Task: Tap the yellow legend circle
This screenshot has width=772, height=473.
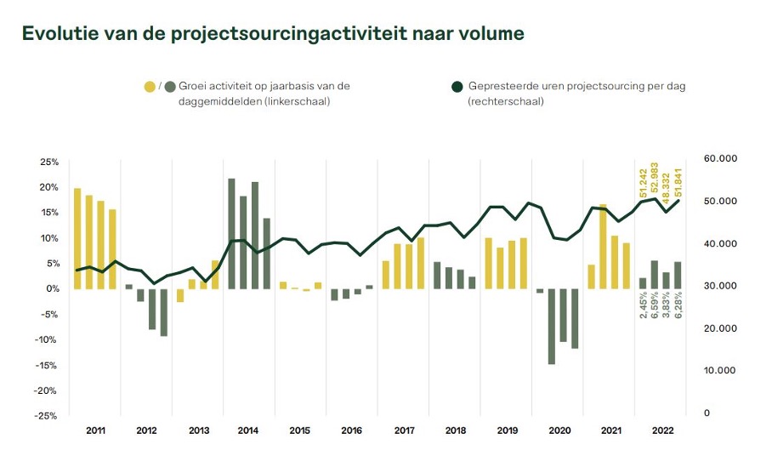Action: click(x=150, y=86)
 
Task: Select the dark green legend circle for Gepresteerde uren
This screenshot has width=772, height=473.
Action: click(x=457, y=86)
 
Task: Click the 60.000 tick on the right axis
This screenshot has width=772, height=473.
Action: click(x=719, y=159)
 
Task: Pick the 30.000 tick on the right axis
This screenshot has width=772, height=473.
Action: click(x=719, y=287)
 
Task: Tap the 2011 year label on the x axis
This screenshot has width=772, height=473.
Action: click(x=96, y=431)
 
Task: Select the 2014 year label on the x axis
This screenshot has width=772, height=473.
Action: click(x=248, y=431)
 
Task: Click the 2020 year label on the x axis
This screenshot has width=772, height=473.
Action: click(x=559, y=431)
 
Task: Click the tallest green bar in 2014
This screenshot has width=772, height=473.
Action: click(x=232, y=234)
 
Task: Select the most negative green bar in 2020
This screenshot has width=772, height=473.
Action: click(x=551, y=327)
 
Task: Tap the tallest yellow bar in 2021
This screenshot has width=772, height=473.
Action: click(x=603, y=247)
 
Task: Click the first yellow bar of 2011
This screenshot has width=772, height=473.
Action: click(x=77, y=238)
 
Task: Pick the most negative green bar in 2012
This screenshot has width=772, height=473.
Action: click(x=164, y=312)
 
